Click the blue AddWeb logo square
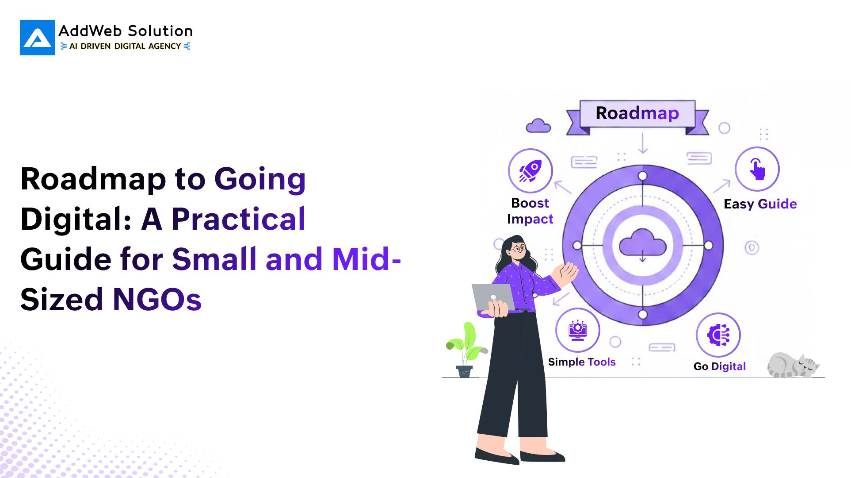38,38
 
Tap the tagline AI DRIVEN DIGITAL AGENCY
125,46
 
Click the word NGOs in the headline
157,300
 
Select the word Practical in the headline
238,219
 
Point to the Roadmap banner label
637,113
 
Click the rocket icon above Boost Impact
530,171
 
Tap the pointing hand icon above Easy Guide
757,170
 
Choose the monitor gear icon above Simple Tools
577,330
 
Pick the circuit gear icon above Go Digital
718,335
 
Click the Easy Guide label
760,204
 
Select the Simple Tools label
581,362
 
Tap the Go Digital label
719,366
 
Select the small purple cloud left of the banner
538,126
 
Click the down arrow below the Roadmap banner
643,143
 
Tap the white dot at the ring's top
643,176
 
